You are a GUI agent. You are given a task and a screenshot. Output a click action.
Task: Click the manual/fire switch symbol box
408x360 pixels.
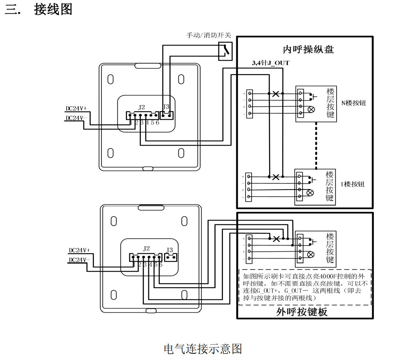(x=225, y=50)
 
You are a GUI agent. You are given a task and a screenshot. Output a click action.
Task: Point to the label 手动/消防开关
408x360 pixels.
(x=209, y=35)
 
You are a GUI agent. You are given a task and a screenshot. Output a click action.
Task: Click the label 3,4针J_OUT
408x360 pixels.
(x=270, y=63)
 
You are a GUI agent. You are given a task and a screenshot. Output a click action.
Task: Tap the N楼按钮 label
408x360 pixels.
(x=353, y=103)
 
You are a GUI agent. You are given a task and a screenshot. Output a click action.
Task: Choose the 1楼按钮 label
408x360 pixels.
(x=352, y=184)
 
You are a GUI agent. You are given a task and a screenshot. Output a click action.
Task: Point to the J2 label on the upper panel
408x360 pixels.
(x=141, y=107)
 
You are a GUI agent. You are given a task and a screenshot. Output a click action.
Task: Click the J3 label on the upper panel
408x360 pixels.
(x=166, y=107)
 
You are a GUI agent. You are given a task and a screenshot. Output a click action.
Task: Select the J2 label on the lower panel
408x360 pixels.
(x=147, y=248)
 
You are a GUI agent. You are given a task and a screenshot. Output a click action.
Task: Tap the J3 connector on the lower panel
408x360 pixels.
(x=171, y=257)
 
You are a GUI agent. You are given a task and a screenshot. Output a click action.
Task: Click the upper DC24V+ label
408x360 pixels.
(x=76, y=109)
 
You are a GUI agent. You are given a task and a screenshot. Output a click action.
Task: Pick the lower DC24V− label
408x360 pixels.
(x=79, y=260)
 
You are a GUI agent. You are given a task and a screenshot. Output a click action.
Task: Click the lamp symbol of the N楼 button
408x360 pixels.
(x=312, y=109)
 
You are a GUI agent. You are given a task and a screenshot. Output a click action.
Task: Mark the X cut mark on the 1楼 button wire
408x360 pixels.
(x=276, y=177)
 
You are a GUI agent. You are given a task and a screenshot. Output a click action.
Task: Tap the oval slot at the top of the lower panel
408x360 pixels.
(x=151, y=208)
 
